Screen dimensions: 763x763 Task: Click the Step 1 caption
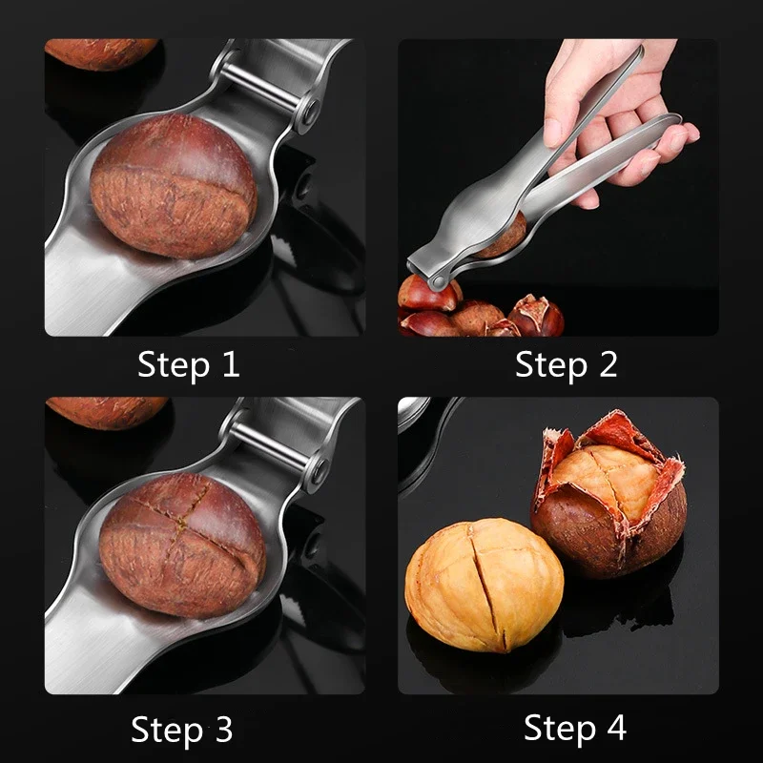[x=189, y=364]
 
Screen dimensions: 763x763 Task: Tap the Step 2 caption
[x=567, y=364]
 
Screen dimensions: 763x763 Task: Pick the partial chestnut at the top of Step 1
[x=100, y=52]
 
